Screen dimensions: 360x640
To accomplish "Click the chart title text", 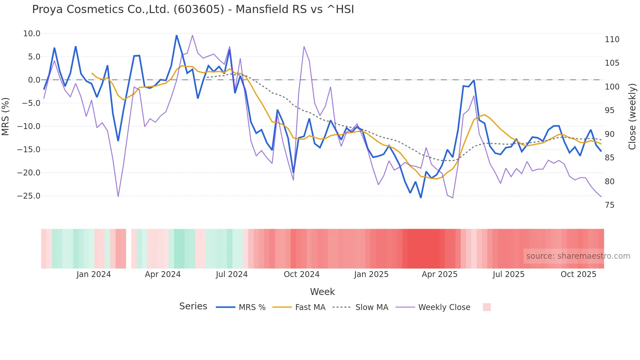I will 193,9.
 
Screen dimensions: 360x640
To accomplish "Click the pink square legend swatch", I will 487,307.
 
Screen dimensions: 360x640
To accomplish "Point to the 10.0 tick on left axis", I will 32,34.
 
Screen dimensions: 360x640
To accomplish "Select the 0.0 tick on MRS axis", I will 34,80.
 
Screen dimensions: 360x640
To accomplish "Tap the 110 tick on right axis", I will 612,40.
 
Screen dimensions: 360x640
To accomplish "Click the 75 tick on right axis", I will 610,205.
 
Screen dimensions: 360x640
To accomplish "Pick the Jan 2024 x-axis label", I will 94,274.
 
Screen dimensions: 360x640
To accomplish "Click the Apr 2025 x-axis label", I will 440,274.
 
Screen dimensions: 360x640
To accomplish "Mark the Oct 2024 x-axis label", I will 301,274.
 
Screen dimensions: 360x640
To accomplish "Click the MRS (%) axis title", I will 6,116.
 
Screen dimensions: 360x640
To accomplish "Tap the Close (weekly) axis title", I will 632,117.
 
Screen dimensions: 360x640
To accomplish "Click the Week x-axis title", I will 322,292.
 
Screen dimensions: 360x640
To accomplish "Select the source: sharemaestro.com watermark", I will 578,256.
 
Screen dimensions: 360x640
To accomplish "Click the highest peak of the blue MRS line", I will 177,36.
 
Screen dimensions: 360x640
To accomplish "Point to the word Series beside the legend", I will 193,306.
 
